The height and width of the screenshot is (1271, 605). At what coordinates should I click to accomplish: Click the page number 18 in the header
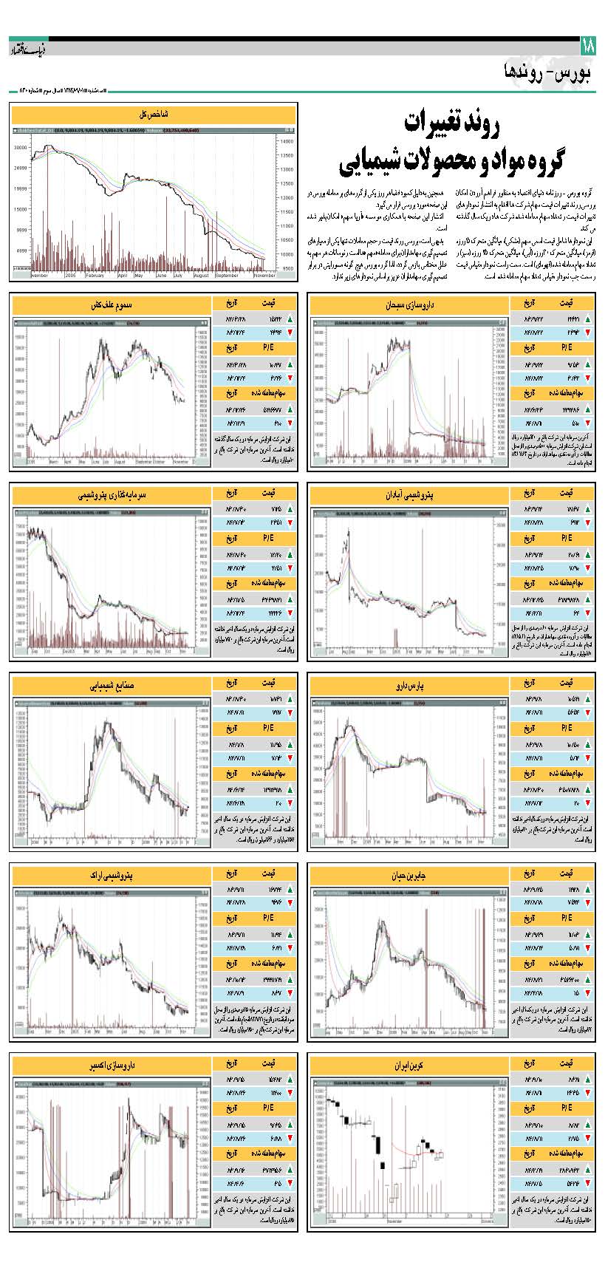click(x=588, y=47)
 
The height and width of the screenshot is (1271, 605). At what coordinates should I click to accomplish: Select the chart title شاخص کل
click(x=154, y=115)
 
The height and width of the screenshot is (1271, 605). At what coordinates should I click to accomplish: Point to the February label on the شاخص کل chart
click(x=95, y=275)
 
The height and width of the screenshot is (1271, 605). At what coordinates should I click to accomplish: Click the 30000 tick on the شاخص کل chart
click(x=21, y=148)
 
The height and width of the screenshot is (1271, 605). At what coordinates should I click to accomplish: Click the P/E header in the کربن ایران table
click(x=567, y=1108)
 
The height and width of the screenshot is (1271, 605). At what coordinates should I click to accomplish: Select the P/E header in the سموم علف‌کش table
click(x=269, y=347)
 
